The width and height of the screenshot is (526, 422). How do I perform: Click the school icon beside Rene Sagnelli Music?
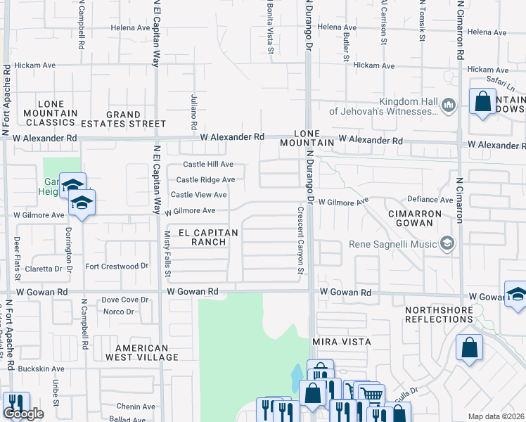(x=446, y=244)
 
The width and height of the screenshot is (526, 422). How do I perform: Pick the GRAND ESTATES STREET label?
(x=136, y=119)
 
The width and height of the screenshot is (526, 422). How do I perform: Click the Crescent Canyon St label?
(x=300, y=240)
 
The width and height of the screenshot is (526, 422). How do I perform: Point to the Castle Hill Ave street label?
(x=204, y=165)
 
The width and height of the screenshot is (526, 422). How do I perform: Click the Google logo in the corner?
(x=23, y=414)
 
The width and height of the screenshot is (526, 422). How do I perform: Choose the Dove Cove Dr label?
(x=125, y=300)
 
